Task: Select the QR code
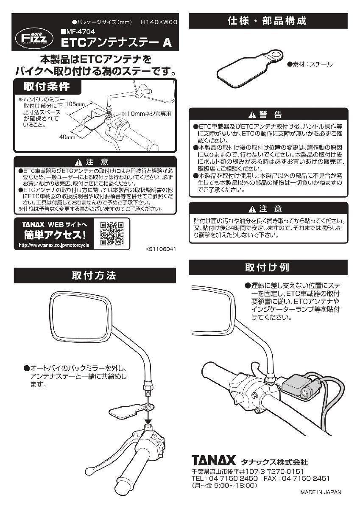click(112, 234)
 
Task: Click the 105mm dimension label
click(76, 103)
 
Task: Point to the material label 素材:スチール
click(310, 64)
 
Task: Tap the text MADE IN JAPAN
click(321, 492)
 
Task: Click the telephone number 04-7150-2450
click(234, 478)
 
